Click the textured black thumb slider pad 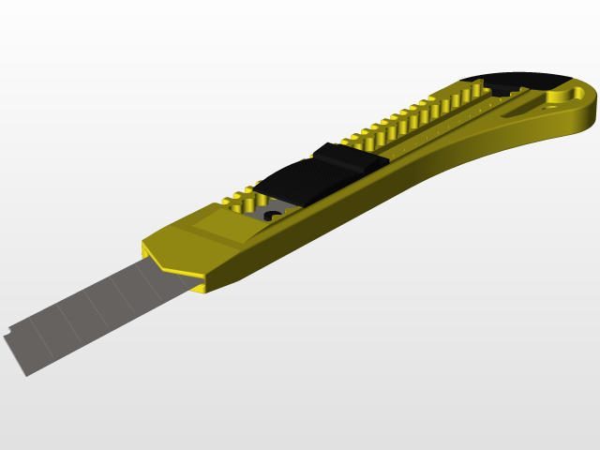click(295, 178)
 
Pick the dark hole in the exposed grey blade click(274, 217)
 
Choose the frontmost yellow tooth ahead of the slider click(229, 201)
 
